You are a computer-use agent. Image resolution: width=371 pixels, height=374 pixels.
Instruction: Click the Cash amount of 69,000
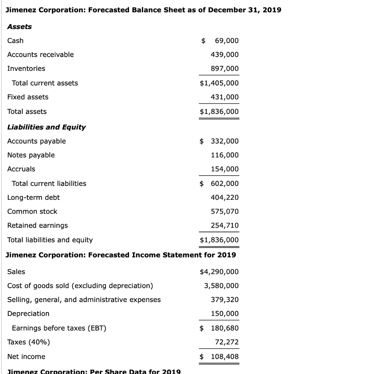(x=224, y=41)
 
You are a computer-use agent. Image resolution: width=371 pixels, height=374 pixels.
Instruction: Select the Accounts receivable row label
(x=40, y=54)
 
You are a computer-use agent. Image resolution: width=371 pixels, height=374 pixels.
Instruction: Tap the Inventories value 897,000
(x=224, y=69)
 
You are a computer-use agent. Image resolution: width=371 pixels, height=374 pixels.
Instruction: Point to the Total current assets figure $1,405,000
(x=219, y=83)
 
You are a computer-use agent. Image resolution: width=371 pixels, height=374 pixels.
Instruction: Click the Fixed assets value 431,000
(x=224, y=97)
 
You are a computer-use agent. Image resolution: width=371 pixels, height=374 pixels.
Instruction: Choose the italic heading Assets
(x=19, y=27)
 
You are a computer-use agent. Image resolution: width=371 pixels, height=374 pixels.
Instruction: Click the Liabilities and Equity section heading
(x=46, y=127)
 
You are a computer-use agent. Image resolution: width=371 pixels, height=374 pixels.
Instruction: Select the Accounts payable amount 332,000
(x=224, y=141)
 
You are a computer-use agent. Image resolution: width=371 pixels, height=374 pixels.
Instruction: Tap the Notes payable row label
(x=31, y=155)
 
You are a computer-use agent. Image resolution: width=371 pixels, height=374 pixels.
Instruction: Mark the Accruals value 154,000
(x=224, y=169)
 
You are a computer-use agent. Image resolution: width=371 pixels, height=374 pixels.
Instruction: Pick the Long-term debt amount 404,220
(x=224, y=198)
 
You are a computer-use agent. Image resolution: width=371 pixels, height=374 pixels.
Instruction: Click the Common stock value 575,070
(x=224, y=211)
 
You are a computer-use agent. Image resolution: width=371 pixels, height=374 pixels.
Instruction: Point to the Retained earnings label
(x=38, y=225)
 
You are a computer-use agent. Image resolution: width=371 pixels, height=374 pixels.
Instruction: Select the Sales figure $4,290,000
(x=219, y=272)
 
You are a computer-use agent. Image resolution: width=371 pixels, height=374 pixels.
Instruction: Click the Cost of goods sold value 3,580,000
(x=221, y=286)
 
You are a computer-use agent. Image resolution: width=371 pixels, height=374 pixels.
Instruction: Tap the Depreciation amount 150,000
(x=224, y=314)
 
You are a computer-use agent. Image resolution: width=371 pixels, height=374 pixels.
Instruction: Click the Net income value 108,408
(x=224, y=356)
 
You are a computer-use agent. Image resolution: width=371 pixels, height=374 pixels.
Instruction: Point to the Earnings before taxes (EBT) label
(x=59, y=328)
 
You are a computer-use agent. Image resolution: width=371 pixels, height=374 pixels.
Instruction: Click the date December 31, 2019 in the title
(x=244, y=10)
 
